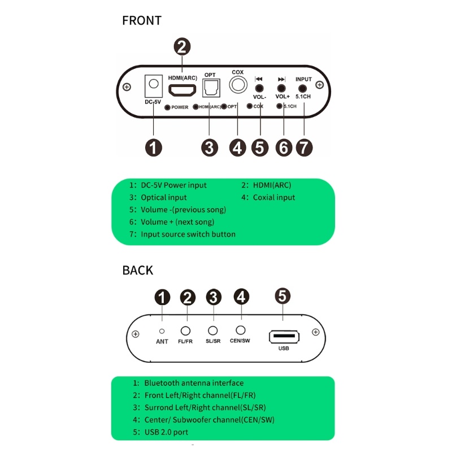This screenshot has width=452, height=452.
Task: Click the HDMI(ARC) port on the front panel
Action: (x=182, y=90)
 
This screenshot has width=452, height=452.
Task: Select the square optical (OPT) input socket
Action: (x=211, y=88)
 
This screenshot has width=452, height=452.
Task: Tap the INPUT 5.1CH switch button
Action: (x=303, y=88)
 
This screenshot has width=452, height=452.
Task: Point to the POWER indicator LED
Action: (x=167, y=107)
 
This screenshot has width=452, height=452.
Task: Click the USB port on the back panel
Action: (x=284, y=337)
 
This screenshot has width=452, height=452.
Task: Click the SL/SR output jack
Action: (x=213, y=331)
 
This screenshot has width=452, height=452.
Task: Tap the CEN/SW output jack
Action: (x=241, y=330)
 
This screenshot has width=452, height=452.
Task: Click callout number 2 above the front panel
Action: (x=181, y=46)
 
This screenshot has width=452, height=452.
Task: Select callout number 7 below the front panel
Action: (x=304, y=147)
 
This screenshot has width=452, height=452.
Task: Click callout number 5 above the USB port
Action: (x=283, y=296)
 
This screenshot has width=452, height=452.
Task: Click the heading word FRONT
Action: (x=142, y=21)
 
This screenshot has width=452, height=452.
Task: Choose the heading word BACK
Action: (x=137, y=270)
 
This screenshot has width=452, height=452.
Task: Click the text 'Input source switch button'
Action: (x=188, y=234)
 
